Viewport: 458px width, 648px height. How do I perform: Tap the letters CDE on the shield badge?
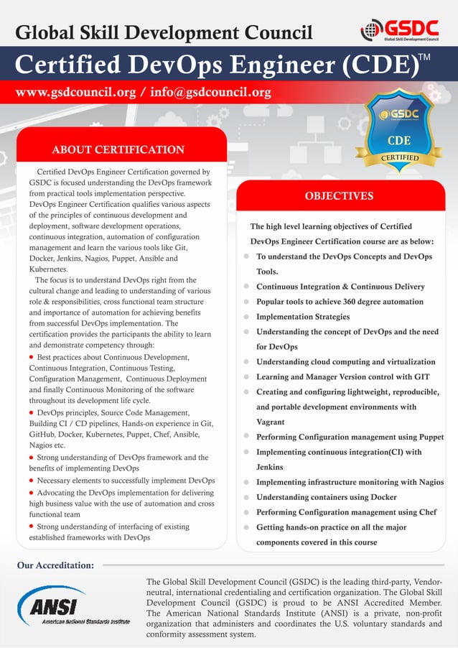[399, 140]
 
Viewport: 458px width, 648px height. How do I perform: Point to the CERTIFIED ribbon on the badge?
[400, 157]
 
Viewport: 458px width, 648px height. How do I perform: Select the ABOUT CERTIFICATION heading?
[118, 149]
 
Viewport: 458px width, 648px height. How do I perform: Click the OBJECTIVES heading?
[339, 195]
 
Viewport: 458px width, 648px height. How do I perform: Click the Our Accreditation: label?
[56, 565]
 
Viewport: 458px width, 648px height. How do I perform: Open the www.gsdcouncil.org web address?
[73, 93]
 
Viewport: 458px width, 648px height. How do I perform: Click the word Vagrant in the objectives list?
[271, 422]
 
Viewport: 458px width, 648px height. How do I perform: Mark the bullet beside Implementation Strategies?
[246, 317]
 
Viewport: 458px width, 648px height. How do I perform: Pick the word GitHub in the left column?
[45, 435]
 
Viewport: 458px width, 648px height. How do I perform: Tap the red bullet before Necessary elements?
[32, 480]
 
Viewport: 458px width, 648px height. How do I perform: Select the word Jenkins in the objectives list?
[270, 467]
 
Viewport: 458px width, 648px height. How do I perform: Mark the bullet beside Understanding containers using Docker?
[246, 497]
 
